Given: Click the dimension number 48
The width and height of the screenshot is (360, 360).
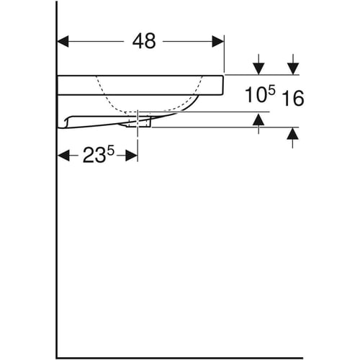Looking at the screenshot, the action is [144, 41].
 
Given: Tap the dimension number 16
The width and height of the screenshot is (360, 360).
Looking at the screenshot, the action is [293, 98].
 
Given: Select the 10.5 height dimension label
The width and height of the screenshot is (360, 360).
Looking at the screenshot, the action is [260, 94].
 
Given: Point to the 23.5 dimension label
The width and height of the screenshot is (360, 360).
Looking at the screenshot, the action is [99, 155].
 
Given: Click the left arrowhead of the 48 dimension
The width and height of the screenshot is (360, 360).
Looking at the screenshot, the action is [63, 41].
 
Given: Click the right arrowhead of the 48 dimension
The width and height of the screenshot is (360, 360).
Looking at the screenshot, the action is [218, 41].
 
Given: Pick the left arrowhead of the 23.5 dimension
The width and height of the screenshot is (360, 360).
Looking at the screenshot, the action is [64, 156].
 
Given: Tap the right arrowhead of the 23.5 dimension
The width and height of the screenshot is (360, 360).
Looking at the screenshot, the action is [132, 156].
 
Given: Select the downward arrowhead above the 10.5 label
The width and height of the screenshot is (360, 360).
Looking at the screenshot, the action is [258, 69].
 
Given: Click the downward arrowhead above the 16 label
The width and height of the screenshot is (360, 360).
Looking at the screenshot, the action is [293, 69].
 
